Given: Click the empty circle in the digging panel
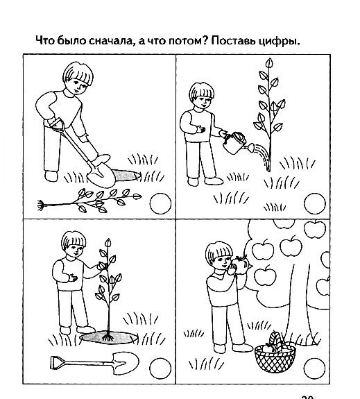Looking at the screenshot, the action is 160,203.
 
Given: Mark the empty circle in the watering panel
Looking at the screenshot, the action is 315,203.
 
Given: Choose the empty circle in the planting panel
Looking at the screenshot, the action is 160,368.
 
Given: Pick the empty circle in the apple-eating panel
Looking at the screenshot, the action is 314,368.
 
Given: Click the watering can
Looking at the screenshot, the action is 235,144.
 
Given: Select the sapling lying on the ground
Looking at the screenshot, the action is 89,201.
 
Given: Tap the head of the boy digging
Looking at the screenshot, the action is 78,77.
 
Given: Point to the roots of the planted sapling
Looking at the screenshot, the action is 108,338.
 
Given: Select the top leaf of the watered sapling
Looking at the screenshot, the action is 269,63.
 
